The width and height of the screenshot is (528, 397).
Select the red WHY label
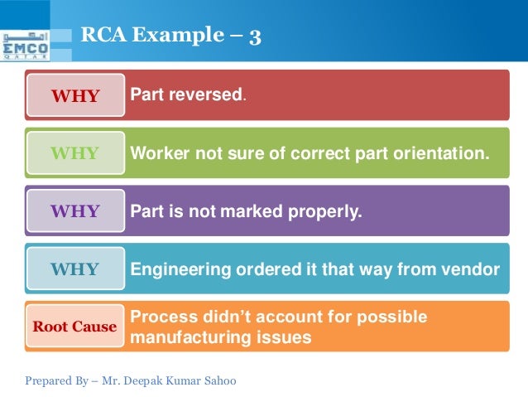pos(74,95)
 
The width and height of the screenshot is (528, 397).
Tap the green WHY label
pos(74,153)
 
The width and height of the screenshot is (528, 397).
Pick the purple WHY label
pos(74,211)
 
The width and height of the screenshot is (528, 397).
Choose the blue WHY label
pos(74,269)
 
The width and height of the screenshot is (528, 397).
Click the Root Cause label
pos(74,327)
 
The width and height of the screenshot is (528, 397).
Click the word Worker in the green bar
pos(158,153)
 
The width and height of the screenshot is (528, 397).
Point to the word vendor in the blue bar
pos(473,269)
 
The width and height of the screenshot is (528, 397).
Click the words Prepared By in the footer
pos(55,381)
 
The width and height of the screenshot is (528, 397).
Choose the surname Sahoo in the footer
pos(218,381)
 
